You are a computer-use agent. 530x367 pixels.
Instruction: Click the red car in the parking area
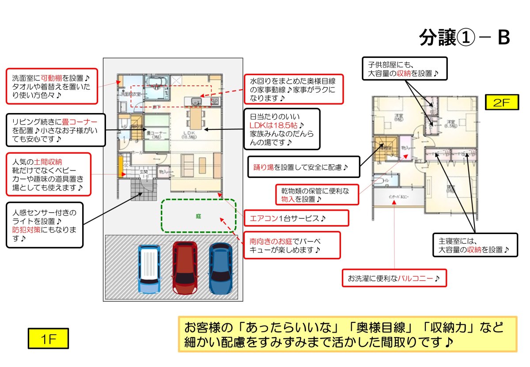click(185, 268)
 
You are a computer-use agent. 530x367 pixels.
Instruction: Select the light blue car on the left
click(149, 269)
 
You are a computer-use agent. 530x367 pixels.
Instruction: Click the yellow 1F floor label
click(47, 339)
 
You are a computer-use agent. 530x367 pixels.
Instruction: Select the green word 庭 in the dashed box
click(199, 216)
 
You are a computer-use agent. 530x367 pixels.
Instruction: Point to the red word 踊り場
click(264, 167)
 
